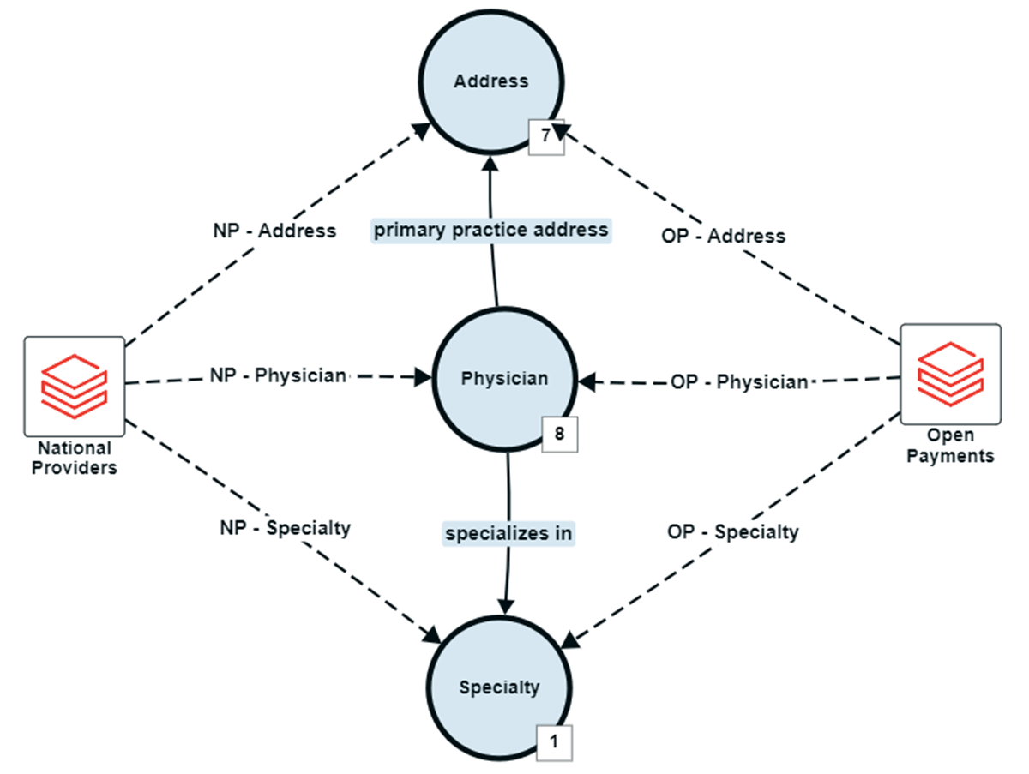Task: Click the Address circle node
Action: pos(491,83)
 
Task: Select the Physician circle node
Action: pos(504,378)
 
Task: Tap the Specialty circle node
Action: pos(499,687)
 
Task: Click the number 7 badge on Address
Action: pos(545,136)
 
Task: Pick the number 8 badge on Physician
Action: pos(560,434)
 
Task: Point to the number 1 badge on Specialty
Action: pos(553,743)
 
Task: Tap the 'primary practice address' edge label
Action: pos(490,231)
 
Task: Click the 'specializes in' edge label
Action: pos(508,533)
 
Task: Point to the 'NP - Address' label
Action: pos(274,231)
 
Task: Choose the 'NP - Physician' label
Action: pos(279,375)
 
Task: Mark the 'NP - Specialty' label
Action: pos(285,528)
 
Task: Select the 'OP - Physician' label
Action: pos(739,381)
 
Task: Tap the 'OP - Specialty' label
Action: pos(732,532)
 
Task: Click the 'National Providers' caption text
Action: pos(74,458)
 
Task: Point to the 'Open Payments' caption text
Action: pos(951,446)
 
